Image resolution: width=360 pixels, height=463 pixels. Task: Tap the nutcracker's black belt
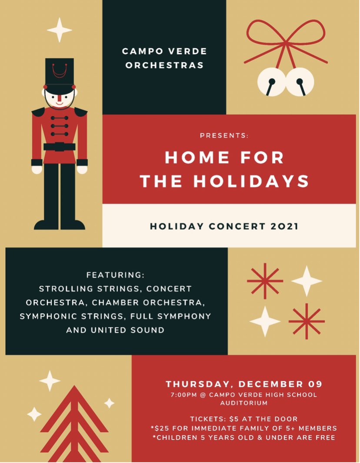coord(60,147)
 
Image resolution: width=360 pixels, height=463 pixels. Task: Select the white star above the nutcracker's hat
coord(59,30)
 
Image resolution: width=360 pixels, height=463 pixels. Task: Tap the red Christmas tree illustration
coord(74,424)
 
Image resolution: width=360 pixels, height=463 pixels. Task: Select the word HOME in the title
coord(194,158)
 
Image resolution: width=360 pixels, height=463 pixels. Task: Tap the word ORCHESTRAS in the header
coord(164,66)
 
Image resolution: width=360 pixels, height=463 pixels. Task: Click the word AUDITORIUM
coord(243,403)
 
